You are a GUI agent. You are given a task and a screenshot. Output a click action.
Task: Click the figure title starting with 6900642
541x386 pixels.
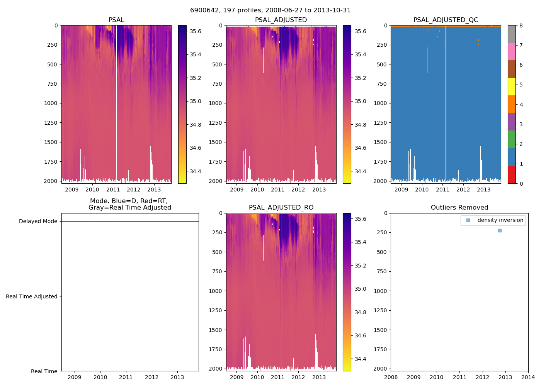pyautogui.click(x=270, y=10)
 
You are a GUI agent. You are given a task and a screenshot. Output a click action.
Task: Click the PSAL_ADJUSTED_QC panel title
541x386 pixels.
pyautogui.click(x=446, y=20)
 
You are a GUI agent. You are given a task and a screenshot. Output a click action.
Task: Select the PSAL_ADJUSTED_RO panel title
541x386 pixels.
pyautogui.click(x=281, y=208)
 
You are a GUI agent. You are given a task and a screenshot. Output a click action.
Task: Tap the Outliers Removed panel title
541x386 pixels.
pyautogui.click(x=459, y=208)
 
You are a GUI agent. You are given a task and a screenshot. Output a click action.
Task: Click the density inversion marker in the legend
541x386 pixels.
pyautogui.click(x=468, y=220)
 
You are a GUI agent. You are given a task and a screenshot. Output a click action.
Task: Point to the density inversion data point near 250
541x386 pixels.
pyautogui.click(x=500, y=230)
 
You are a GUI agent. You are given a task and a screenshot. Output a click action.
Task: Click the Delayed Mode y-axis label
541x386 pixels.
pyautogui.click(x=38, y=222)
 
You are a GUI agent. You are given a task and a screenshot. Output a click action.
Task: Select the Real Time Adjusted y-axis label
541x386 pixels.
pyautogui.click(x=31, y=296)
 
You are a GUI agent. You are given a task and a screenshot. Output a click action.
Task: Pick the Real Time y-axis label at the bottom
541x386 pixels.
pyautogui.click(x=44, y=371)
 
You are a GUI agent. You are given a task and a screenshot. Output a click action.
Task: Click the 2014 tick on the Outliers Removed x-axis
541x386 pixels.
pyautogui.click(x=528, y=377)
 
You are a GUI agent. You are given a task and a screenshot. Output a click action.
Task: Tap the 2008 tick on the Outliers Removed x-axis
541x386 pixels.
pyautogui.click(x=391, y=377)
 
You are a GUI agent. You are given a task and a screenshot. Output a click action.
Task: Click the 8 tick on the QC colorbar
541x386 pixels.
pyautogui.click(x=521, y=25)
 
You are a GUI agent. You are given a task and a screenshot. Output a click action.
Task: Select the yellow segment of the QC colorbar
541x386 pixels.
pyautogui.click(x=512, y=86)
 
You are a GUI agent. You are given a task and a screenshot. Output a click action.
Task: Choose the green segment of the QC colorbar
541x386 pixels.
pyautogui.click(x=512, y=139)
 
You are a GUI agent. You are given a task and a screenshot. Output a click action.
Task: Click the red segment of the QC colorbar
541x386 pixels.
pyautogui.click(x=512, y=174)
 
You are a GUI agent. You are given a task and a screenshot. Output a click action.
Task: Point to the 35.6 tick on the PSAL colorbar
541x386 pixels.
pyautogui.click(x=195, y=31)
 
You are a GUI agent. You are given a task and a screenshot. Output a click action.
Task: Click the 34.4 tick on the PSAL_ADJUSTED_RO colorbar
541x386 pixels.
pyautogui.click(x=361, y=359)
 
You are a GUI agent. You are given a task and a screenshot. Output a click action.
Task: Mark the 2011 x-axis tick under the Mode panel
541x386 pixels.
pyautogui.click(x=126, y=377)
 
